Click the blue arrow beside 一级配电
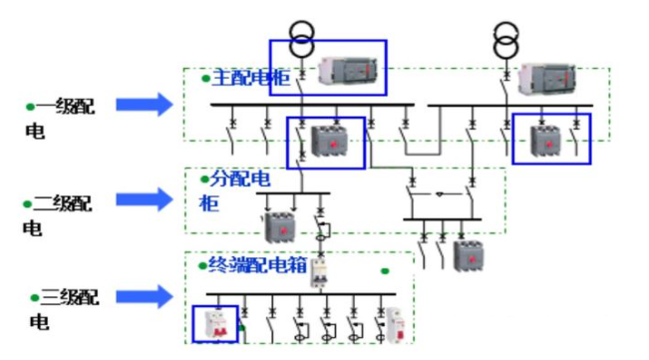point(144,104)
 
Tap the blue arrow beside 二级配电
point(144,199)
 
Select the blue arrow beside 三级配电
point(144,295)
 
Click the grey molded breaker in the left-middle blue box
point(328,144)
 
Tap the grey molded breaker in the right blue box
point(543,142)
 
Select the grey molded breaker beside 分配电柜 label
point(276,225)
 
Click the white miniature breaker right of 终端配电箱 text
point(319,272)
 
